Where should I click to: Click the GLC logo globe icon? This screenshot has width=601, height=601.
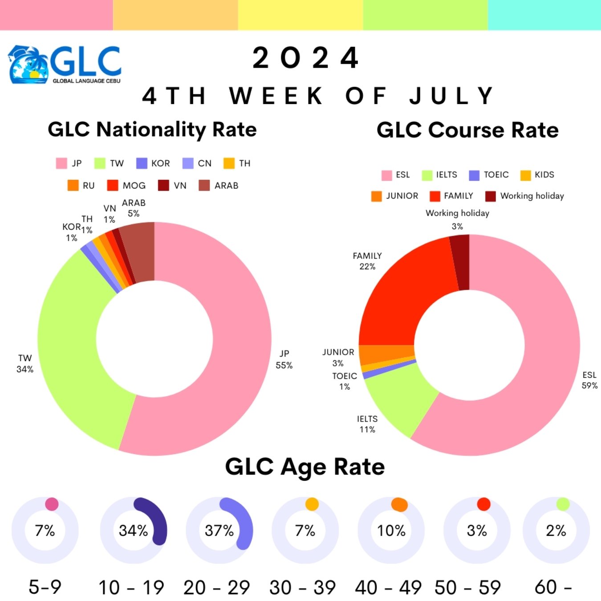point(28,65)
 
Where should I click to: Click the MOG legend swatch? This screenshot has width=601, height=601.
point(113,186)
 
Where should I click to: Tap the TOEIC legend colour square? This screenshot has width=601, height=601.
point(474,175)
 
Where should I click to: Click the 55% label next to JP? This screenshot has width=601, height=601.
point(284,365)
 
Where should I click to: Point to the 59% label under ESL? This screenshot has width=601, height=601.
point(589,386)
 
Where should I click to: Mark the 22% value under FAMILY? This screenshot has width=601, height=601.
point(367,267)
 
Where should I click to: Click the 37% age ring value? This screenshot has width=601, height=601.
point(219,531)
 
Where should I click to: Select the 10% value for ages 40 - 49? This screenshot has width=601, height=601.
point(391,531)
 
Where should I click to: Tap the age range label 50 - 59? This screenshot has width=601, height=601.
point(467,588)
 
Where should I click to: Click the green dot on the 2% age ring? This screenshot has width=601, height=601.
point(563,504)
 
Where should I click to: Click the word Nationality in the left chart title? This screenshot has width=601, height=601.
point(151,130)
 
